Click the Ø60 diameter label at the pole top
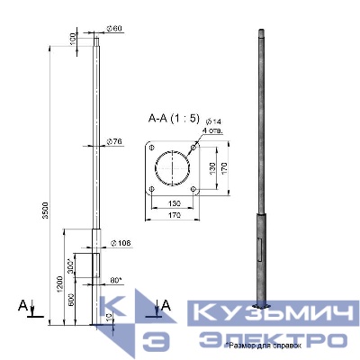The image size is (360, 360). pyautogui.click(x=116, y=29)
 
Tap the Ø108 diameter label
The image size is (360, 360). pyautogui.click(x=121, y=244)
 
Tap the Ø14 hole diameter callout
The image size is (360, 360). pyautogui.click(x=212, y=121)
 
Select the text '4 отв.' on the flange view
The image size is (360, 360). pyautogui.click(x=214, y=130)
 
